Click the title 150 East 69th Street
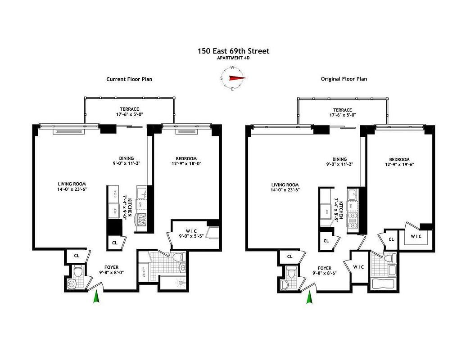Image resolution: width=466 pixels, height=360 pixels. [x=233, y=51]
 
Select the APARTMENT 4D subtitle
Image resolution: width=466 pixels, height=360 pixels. [x=233, y=58]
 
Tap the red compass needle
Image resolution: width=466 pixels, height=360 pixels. [x=237, y=78]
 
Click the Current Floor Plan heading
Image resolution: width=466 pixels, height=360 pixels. [x=129, y=79]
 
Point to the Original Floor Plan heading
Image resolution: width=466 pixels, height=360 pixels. [x=344, y=79]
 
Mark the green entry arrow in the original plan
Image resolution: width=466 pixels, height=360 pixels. [x=309, y=297]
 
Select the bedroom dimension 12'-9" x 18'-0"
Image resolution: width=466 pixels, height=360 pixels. [x=186, y=164]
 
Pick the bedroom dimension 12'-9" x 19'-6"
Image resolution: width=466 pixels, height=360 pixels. [x=399, y=165]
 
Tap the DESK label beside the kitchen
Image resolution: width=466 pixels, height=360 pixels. [x=115, y=194]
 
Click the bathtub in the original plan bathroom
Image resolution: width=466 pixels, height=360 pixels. [x=383, y=285]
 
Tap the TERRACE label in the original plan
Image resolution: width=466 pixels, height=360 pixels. [x=342, y=109]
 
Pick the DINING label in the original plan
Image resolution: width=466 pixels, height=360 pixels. [x=339, y=159]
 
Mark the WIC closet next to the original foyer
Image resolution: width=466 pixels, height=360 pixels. [x=358, y=267]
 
